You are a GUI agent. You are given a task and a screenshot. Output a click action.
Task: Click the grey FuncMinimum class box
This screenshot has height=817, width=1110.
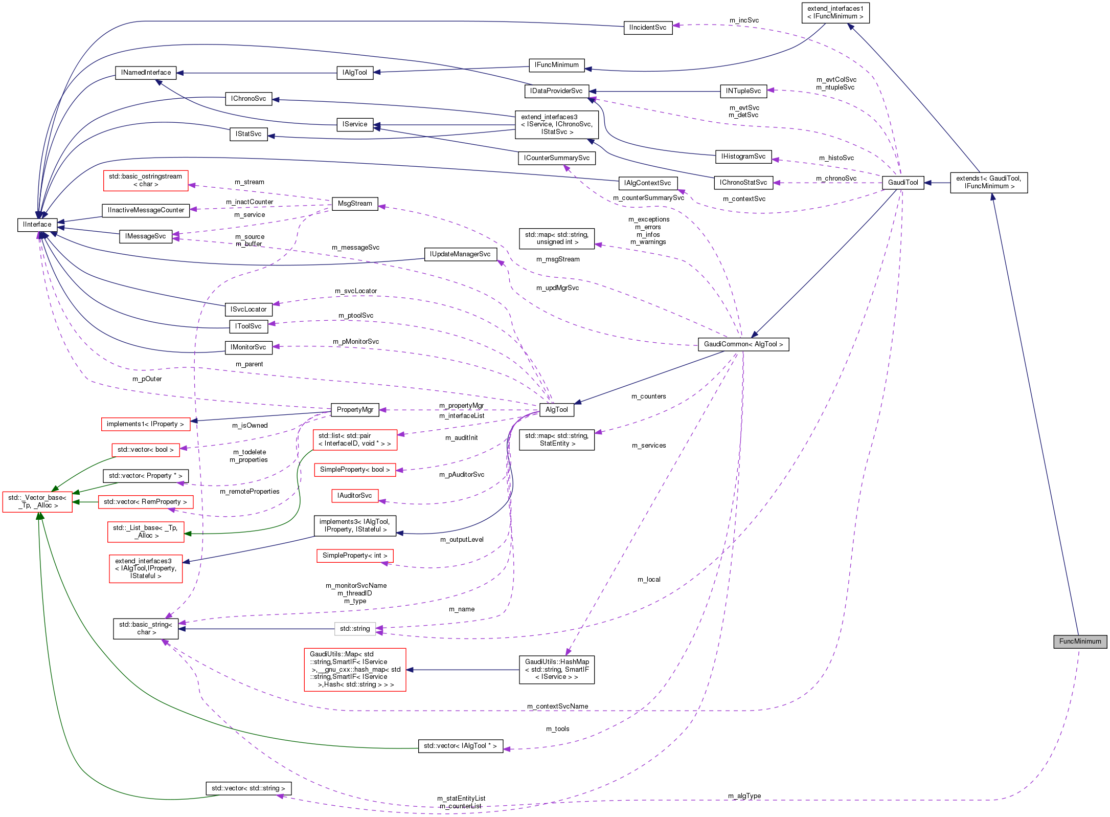click(x=1080, y=642)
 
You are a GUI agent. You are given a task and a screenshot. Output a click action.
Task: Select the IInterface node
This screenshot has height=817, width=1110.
click(x=37, y=225)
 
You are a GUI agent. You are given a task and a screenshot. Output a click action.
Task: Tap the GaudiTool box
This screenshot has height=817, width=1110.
click(x=903, y=183)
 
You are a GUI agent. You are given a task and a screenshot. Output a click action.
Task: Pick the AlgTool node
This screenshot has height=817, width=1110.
click(x=556, y=410)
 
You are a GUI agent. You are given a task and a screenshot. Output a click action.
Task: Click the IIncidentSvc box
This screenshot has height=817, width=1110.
click(x=648, y=28)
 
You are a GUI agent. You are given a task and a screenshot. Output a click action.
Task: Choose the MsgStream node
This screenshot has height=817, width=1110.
click(x=355, y=204)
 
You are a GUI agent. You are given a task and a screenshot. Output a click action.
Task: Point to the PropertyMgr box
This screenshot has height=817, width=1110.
click(x=355, y=410)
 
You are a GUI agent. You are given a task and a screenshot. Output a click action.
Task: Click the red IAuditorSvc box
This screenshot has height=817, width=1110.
click(x=355, y=496)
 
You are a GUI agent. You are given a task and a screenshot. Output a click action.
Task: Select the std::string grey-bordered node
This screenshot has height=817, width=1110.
click(x=355, y=629)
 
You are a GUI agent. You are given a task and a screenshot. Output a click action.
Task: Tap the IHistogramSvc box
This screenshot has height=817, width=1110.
click(x=743, y=157)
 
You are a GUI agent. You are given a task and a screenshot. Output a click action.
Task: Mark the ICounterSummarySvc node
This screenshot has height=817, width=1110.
click(x=556, y=158)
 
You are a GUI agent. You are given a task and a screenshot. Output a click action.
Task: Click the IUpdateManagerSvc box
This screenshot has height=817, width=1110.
click(x=460, y=254)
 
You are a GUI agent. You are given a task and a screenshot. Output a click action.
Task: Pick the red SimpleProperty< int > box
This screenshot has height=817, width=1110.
click(x=355, y=556)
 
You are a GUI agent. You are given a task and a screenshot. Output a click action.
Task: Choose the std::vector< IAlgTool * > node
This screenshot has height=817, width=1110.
click(x=460, y=746)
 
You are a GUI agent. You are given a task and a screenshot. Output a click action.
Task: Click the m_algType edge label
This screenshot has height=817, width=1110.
click(x=744, y=796)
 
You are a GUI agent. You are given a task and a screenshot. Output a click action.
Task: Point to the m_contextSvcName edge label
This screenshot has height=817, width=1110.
click(x=557, y=706)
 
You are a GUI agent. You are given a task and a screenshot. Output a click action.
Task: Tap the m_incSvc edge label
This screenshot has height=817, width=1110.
click(x=744, y=20)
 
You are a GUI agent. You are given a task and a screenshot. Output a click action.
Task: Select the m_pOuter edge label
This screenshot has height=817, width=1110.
click(x=147, y=379)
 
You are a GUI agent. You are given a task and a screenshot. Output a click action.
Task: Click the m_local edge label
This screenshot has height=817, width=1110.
click(x=649, y=580)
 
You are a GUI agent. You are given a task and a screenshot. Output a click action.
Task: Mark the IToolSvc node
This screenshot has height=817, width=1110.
click(x=248, y=326)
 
